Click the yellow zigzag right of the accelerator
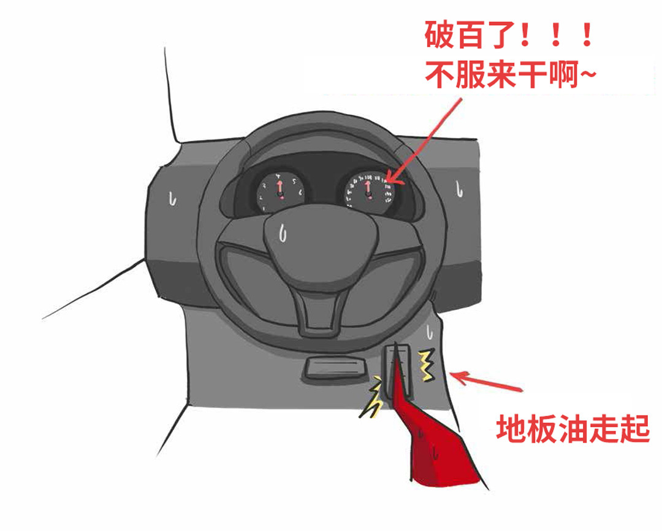pos(427,365)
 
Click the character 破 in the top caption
pos(439,34)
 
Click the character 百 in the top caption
pos(469,34)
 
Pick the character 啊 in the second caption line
pos(564,75)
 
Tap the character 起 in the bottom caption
pos(635,428)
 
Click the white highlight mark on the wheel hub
pos(283,233)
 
